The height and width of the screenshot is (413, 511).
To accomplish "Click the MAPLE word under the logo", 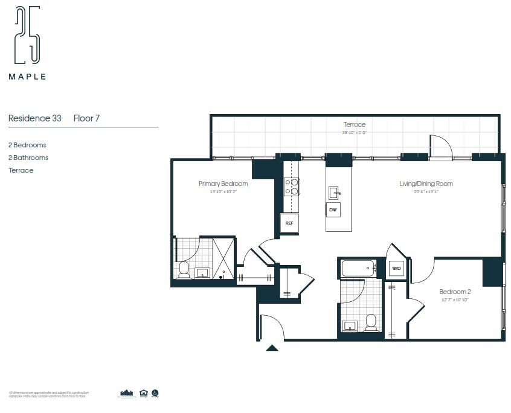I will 27,77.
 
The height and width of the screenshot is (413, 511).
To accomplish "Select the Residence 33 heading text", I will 34,118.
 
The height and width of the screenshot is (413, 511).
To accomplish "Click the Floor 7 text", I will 86,118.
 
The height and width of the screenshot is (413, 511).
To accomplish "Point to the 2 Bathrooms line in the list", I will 28,158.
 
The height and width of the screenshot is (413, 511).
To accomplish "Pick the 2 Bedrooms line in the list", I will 27,145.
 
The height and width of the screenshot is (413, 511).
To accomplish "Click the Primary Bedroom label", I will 223,184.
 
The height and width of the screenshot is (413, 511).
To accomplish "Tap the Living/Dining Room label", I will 426,184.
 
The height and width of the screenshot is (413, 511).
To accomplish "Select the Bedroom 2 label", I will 455,292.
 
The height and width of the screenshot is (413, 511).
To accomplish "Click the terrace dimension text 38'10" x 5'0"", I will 355,132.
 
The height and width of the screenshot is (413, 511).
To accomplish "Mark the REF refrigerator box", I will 289,223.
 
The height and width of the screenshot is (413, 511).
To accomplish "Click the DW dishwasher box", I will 333,210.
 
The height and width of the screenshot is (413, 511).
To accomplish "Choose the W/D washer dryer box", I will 396,269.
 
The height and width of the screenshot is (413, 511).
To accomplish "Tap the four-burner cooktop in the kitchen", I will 292,187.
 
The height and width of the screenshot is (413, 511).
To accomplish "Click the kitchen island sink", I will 333,193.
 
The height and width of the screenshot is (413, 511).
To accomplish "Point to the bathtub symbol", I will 359,268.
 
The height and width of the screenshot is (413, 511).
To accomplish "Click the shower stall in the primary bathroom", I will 223,258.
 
